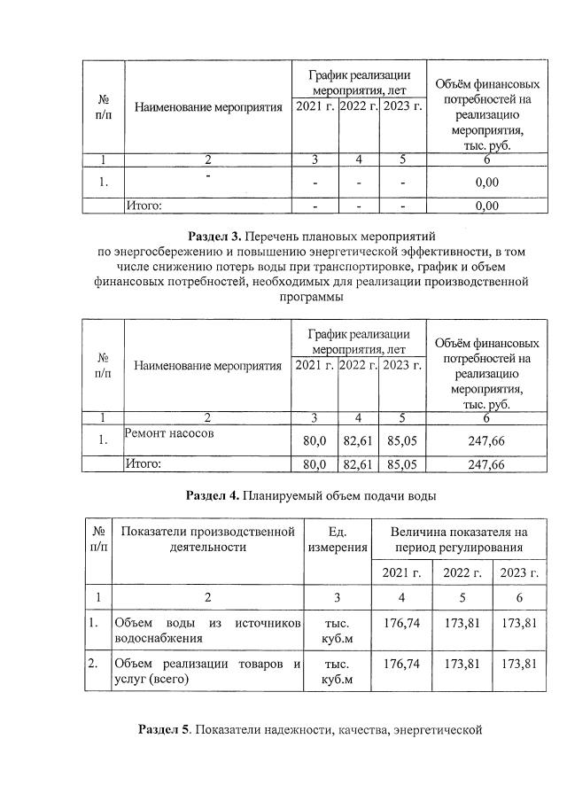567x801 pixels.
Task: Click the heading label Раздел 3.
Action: tap(214, 237)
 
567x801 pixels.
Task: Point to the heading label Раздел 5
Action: tap(164, 729)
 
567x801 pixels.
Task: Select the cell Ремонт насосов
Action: tap(169, 434)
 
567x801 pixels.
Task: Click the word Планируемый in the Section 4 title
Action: tap(281, 494)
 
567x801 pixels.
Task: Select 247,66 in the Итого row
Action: tap(485, 464)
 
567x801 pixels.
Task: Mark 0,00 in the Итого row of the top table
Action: tap(486, 206)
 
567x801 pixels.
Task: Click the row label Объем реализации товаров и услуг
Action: tap(208, 672)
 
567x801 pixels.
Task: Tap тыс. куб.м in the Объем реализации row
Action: tap(337, 672)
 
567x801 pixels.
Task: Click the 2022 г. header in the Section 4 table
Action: tap(462, 572)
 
